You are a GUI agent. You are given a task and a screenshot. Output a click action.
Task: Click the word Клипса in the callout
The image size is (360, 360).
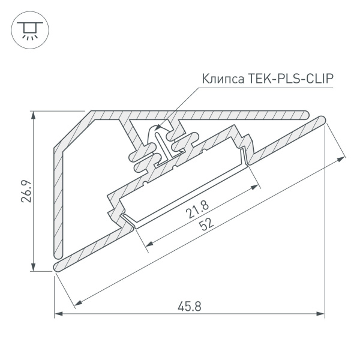tap(220, 78)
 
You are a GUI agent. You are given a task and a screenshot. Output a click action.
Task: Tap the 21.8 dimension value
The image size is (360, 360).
tap(196, 212)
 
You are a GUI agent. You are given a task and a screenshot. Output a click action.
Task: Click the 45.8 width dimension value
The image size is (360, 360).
tap(189, 305)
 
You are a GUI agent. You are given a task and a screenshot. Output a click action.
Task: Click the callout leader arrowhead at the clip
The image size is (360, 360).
tap(158, 127)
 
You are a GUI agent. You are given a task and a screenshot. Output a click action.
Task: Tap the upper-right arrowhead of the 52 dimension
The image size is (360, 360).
tap(343, 158)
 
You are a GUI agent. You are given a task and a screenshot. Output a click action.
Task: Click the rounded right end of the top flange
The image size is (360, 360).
tap(305, 114)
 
